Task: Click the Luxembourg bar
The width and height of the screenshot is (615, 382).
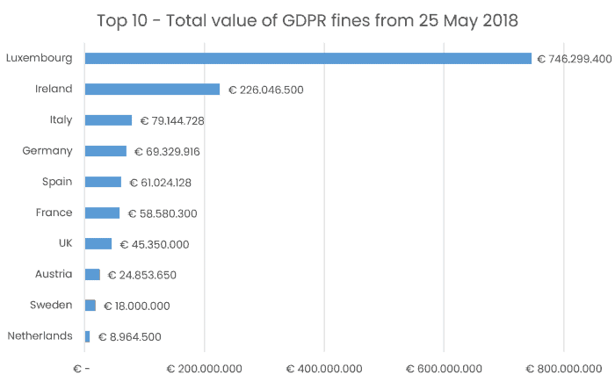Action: tap(307, 59)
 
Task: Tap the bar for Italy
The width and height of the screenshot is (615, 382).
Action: tap(108, 120)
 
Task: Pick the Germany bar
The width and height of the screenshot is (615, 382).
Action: tap(105, 151)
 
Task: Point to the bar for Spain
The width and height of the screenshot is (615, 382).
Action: tap(103, 182)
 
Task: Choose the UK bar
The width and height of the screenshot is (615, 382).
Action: tap(98, 243)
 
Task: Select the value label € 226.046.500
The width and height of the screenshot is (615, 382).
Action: tap(266, 90)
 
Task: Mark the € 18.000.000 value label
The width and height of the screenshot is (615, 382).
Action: tap(136, 306)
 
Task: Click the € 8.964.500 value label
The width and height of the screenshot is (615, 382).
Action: tap(130, 336)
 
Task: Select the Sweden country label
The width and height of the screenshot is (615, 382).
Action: tap(52, 305)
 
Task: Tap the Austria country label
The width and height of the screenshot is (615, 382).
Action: tap(53, 274)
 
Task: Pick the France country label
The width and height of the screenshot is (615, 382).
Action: tap(54, 213)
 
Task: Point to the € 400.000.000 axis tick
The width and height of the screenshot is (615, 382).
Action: tap(323, 368)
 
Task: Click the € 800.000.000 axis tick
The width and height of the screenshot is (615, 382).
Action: tap(562, 368)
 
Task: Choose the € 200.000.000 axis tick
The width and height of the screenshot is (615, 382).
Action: tap(204, 368)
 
